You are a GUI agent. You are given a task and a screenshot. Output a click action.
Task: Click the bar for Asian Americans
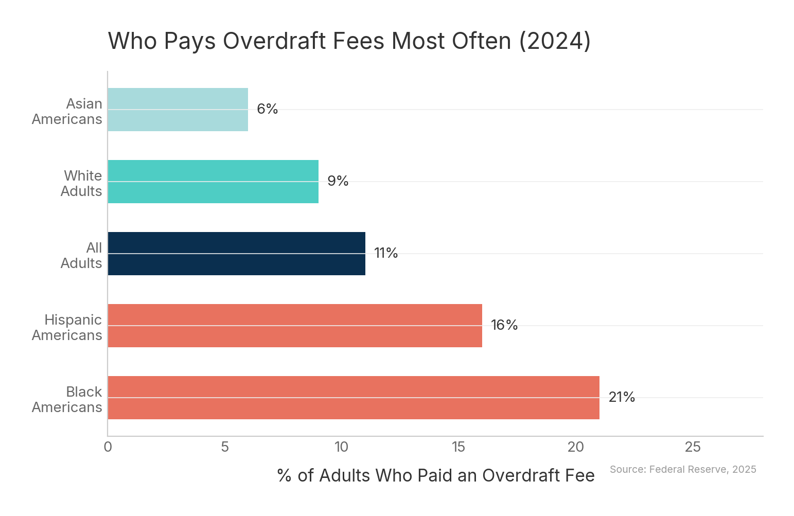(178, 110)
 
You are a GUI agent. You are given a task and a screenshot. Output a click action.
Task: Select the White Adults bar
(213, 182)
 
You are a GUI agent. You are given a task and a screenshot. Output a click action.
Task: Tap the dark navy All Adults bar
(236, 254)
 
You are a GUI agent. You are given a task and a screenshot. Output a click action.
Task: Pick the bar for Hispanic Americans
(295, 326)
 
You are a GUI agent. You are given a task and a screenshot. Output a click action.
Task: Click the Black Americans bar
(354, 398)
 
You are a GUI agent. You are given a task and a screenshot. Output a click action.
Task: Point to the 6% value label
(267, 110)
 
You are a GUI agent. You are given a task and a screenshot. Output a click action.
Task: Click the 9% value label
(338, 182)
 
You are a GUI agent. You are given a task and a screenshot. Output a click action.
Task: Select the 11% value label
(386, 254)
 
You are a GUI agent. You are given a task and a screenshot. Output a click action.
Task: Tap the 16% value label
(504, 326)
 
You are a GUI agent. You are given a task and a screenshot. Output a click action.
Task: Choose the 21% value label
(622, 398)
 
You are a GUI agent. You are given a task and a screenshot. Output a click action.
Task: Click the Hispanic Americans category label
(67, 328)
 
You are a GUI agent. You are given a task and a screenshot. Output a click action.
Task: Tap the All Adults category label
(81, 256)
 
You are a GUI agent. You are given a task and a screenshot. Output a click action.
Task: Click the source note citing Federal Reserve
(683, 469)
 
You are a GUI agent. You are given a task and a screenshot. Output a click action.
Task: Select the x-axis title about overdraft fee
(435, 476)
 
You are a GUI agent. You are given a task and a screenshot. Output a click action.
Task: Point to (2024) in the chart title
(555, 41)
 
